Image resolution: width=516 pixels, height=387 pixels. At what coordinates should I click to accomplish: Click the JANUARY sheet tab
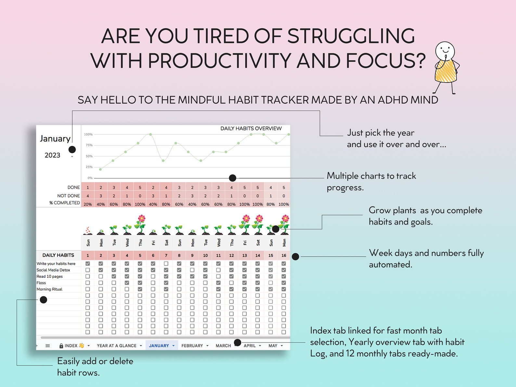[x=159, y=346]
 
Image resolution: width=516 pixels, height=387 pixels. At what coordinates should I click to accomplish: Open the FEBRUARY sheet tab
[x=192, y=346]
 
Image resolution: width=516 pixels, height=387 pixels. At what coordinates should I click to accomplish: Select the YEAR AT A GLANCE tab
[x=116, y=346]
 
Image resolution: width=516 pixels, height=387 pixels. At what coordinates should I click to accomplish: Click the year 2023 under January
[x=52, y=155]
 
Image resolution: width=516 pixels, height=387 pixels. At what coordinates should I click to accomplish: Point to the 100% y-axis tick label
[x=88, y=134]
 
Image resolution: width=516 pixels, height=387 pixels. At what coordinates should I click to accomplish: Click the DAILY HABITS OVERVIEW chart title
[x=251, y=129]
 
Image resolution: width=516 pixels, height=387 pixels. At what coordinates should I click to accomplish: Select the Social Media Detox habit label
[x=53, y=270]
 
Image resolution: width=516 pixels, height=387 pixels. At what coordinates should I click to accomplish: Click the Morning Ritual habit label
[x=49, y=289]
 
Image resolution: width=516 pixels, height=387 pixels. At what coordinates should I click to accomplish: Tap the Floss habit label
[x=41, y=283]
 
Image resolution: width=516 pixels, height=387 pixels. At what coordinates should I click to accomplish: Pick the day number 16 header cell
[x=284, y=255]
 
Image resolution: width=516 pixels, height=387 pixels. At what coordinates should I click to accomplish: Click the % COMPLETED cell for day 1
[x=88, y=204]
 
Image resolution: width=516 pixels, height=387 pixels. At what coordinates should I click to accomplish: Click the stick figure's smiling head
[x=445, y=50]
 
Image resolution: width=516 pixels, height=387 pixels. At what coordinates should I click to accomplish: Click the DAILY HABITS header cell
[x=58, y=255]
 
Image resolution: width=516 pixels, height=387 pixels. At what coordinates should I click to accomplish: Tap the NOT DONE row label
[x=68, y=196]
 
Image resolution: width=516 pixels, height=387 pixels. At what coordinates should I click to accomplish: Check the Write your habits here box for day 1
[x=88, y=264]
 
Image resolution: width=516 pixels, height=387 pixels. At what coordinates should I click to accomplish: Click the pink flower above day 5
[x=141, y=219]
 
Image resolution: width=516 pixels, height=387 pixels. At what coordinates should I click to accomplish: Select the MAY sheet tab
[x=273, y=346]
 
